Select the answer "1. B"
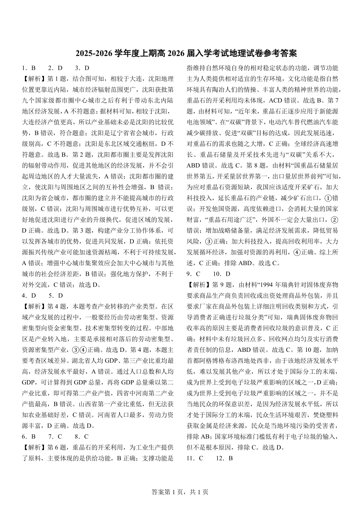(29, 68)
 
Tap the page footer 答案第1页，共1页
(180, 492)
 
